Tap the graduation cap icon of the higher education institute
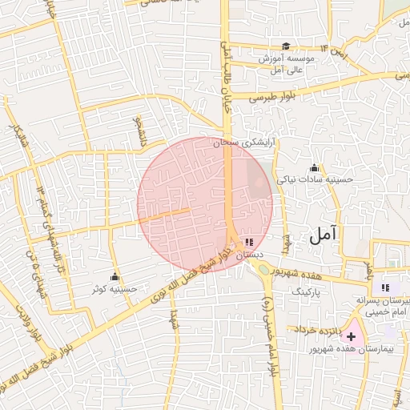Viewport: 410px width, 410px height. click(x=286, y=46)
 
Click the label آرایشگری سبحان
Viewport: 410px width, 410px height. click(x=244, y=142)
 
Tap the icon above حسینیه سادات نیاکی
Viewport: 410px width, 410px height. click(x=314, y=168)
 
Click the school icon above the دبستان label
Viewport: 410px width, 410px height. click(x=248, y=241)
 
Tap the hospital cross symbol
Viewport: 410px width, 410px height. click(x=351, y=336)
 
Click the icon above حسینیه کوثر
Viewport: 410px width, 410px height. click(x=117, y=276)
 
